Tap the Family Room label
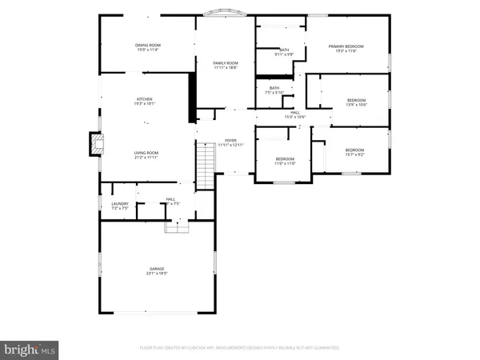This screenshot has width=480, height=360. (226, 65)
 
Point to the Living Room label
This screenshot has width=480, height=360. (146, 154)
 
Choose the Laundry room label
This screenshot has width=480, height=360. (119, 206)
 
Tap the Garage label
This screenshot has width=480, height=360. (156, 271)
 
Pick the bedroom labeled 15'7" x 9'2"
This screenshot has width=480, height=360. (354, 153)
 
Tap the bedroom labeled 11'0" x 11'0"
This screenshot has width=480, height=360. (286, 161)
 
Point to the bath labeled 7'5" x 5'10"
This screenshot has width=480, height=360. (274, 90)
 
